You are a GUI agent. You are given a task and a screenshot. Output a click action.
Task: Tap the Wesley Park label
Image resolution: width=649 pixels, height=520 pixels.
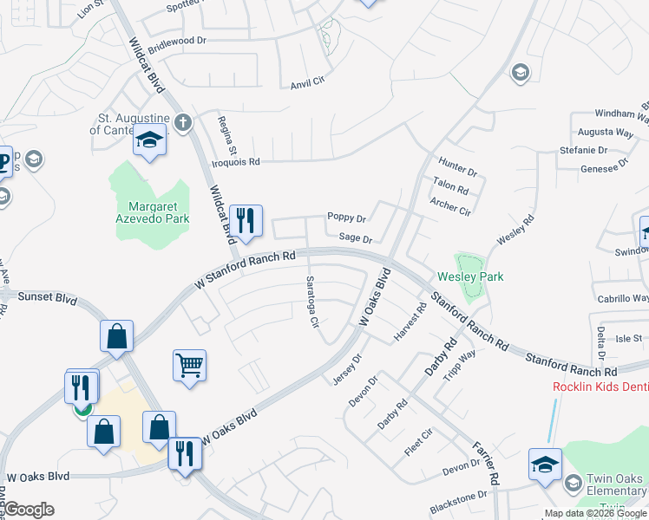coord(470,276)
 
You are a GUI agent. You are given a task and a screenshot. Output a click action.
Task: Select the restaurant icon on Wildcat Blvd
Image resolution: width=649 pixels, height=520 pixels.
coord(246,220)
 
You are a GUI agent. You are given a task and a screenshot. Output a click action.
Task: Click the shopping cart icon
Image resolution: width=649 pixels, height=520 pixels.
coord(189,365)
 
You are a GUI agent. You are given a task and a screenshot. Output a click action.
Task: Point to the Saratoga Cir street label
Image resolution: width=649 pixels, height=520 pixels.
coord(311,302)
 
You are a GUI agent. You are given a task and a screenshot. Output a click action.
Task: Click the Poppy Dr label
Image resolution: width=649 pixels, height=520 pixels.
coord(346,218)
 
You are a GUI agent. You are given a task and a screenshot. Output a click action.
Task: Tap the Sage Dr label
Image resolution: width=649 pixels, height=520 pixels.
coord(355,237)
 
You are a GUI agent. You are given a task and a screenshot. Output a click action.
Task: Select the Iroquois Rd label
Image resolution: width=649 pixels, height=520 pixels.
coord(235,162)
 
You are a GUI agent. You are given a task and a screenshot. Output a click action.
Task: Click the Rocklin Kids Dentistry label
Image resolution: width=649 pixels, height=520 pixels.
coord(600,386)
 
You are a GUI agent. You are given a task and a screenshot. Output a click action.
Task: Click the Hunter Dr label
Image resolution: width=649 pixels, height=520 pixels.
coord(458,162)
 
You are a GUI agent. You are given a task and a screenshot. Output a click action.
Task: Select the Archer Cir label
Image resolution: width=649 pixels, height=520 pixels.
coord(450,206)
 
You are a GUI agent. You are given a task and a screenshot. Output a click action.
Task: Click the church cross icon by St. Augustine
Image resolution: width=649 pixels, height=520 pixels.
coord(182,122)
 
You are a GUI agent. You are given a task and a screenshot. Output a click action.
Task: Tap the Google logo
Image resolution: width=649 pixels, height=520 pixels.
coord(29,510)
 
